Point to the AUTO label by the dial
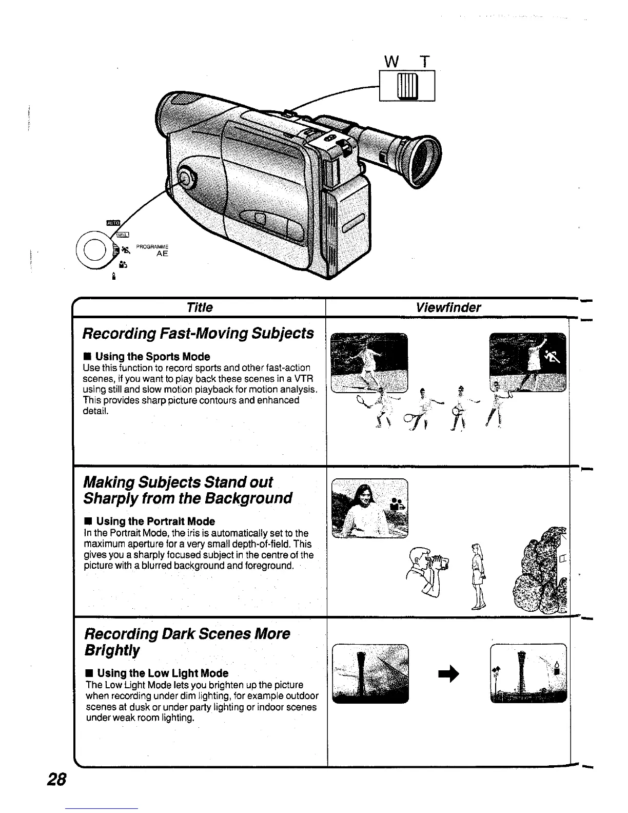(x=112, y=223)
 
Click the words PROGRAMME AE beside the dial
(x=152, y=250)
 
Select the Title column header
(x=200, y=307)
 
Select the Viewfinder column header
(x=448, y=307)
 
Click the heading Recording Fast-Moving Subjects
(x=198, y=333)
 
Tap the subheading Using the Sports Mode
(x=152, y=356)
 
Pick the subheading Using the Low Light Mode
(x=162, y=673)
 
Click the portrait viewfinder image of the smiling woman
(x=369, y=508)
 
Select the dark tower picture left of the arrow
(x=370, y=673)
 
